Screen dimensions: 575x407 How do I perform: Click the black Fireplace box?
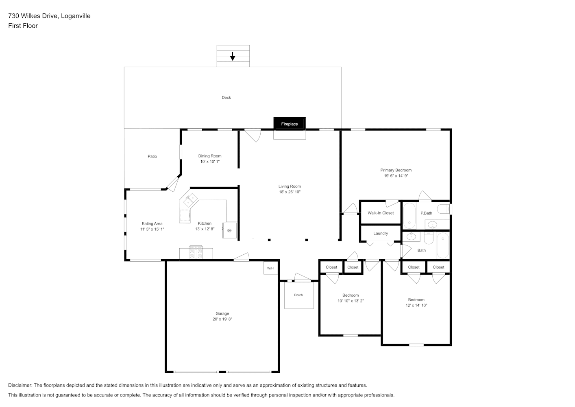click(289, 123)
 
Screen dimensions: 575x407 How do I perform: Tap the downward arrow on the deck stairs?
click(232, 56)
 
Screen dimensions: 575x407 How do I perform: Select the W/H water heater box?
click(270, 268)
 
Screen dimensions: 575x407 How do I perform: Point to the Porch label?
click(298, 295)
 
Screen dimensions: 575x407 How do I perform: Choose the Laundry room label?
click(381, 233)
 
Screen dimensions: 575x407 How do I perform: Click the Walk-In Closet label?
click(381, 213)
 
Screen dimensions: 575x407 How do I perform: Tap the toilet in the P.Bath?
click(444, 209)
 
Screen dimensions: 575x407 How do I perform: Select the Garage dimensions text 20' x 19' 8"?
click(222, 319)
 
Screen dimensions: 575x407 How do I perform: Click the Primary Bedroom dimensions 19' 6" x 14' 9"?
click(396, 176)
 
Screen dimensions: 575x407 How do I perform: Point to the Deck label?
click(226, 97)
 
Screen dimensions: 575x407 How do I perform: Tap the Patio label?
click(152, 156)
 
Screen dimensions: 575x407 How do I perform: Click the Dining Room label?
click(210, 156)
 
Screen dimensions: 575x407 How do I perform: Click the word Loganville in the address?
click(76, 16)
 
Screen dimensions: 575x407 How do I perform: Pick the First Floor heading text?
click(23, 26)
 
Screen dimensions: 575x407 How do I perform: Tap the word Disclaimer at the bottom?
click(20, 385)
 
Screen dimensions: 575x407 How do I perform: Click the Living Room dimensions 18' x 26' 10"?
click(290, 192)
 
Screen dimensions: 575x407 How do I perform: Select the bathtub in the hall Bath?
click(443, 245)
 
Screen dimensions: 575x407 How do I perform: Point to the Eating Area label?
click(152, 223)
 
